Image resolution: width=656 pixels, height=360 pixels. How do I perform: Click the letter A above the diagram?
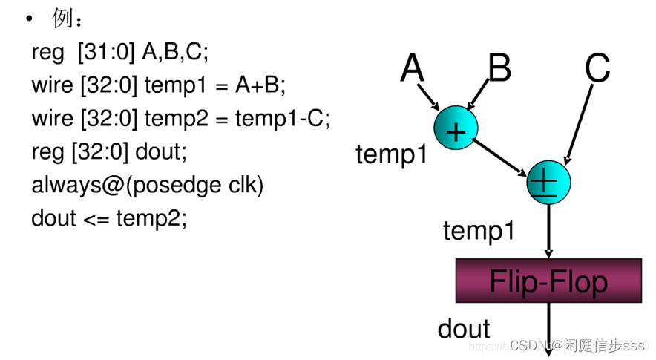412,69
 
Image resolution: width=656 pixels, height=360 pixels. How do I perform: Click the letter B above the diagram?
499,69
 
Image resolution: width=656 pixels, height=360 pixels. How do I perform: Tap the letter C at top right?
597,69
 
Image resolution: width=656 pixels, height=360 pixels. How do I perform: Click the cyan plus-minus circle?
548,182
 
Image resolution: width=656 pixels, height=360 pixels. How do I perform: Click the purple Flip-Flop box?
548,281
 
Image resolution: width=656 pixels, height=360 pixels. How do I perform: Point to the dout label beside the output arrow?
464,328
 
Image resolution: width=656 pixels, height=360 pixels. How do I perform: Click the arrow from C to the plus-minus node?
580,122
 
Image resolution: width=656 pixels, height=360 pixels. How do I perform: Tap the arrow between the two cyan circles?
502,155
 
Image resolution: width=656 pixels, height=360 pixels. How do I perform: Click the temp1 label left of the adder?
392,154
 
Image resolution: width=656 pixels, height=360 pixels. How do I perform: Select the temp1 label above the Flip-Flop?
479,231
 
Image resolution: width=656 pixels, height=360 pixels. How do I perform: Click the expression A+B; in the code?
260,85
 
